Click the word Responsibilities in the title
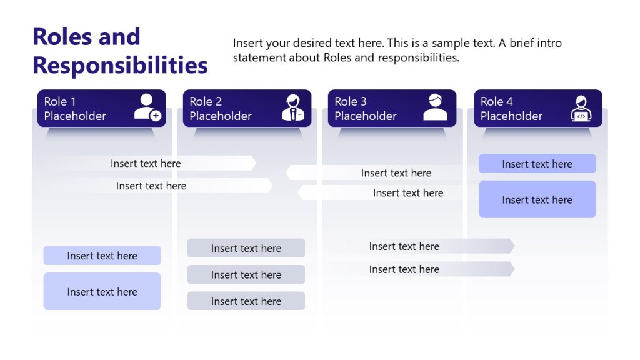(120, 65)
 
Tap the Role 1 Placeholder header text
(75, 109)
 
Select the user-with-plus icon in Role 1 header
(147, 107)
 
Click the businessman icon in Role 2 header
(292, 107)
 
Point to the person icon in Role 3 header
(435, 107)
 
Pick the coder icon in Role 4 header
(581, 108)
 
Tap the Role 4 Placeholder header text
(512, 109)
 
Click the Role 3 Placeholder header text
(366, 109)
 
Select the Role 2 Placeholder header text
(221, 109)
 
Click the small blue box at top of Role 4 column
(537, 164)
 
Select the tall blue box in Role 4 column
(537, 199)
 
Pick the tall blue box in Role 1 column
(102, 291)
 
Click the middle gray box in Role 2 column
(246, 274)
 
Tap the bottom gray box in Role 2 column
(246, 301)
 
